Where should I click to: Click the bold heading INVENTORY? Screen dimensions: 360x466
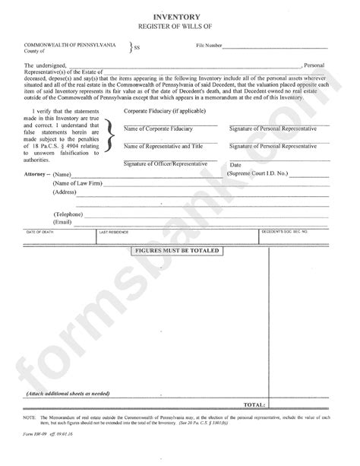coord(179,14)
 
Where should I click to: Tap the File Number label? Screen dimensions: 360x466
coord(203,46)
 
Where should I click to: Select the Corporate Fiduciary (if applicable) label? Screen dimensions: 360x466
coord(161,110)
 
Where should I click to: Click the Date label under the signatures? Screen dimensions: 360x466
coord(235,164)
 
